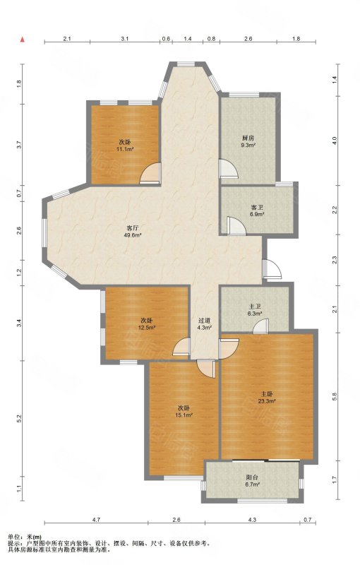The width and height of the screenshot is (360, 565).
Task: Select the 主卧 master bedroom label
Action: (267, 393)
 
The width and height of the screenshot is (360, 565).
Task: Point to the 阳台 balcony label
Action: (251, 477)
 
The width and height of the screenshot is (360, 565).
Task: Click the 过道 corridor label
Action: (204, 321)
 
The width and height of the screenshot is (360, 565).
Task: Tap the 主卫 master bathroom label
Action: (255, 307)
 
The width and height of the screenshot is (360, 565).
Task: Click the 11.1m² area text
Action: (125, 149)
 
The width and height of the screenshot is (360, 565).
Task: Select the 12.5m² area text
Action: (147, 328)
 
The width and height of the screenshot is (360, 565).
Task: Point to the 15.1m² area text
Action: (184, 415)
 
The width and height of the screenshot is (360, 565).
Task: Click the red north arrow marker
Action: (23, 39)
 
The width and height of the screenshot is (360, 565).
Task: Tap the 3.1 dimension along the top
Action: (124, 39)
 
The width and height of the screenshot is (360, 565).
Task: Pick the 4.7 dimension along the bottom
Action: (96, 520)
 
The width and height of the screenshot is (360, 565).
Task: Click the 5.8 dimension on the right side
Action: (335, 396)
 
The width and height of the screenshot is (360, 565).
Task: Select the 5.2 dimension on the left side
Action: (20, 419)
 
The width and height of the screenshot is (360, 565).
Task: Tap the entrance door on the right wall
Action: (271, 269)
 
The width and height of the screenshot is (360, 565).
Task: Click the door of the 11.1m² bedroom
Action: (151, 173)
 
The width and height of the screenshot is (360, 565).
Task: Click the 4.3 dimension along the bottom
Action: (253, 520)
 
